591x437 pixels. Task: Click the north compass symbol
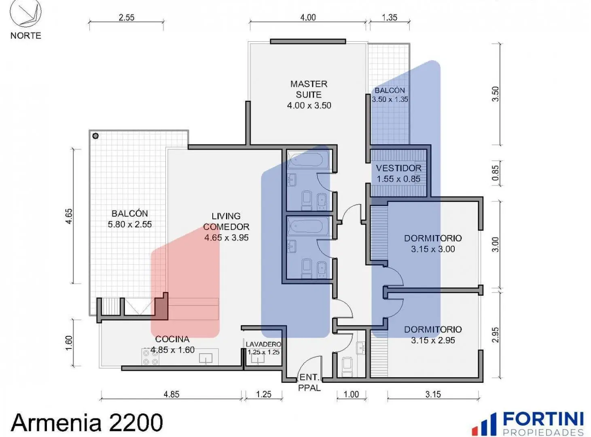pyautogui.click(x=25, y=13)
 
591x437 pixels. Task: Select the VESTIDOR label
pyautogui.click(x=398, y=168)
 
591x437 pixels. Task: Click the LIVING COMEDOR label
pyautogui.click(x=226, y=221)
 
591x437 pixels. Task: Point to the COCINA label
pyautogui.click(x=172, y=339)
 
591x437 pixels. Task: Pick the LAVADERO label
pyautogui.click(x=263, y=344)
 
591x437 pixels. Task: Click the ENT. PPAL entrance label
pyautogui.click(x=309, y=382)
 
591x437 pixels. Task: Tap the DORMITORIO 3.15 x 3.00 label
pyautogui.click(x=433, y=244)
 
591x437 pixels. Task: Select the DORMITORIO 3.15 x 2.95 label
pyautogui.click(x=433, y=335)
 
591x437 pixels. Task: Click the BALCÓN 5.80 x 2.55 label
pyautogui.click(x=130, y=219)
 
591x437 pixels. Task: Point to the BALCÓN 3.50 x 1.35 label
pyautogui.click(x=390, y=95)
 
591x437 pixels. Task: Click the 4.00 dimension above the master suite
pyautogui.click(x=308, y=17)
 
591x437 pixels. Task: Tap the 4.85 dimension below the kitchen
pyautogui.click(x=172, y=394)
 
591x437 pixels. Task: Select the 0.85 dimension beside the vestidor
pyautogui.click(x=495, y=173)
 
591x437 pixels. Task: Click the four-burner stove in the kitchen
pyautogui.click(x=150, y=357)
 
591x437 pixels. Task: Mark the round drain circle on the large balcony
pyautogui.click(x=95, y=136)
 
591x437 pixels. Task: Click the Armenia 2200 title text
pyautogui.click(x=87, y=422)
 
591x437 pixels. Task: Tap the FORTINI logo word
pyautogui.click(x=543, y=419)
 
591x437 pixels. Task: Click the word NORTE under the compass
pyautogui.click(x=26, y=36)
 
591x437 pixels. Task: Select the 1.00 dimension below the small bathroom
pyautogui.click(x=351, y=394)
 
